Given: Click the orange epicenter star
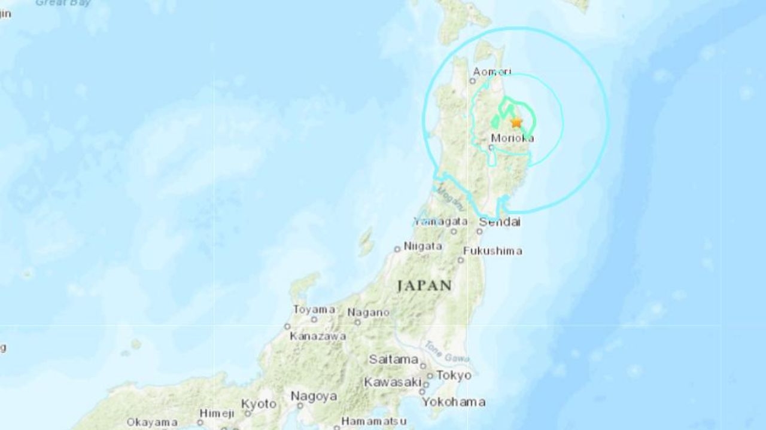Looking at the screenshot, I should click(x=516, y=122).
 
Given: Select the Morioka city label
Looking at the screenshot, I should click(x=512, y=138).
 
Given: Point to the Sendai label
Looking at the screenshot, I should click(x=500, y=222).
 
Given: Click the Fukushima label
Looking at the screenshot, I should click(x=493, y=251).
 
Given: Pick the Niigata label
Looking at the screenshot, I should click(x=422, y=246).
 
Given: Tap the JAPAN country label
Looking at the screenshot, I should click(x=424, y=285).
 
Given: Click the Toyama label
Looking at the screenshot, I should click(x=314, y=309).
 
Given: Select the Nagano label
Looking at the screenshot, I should click(x=369, y=312).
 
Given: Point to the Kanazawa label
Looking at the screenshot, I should click(x=318, y=336).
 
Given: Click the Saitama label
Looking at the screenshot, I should click(x=393, y=359).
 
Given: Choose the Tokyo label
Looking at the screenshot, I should click(x=454, y=376).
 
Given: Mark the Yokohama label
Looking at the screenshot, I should click(x=453, y=402).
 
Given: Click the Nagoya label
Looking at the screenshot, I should click(x=314, y=396).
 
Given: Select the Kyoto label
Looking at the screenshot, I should click(x=259, y=404).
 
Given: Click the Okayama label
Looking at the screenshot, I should click(x=151, y=422).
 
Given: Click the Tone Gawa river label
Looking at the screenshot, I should click(x=440, y=353).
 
